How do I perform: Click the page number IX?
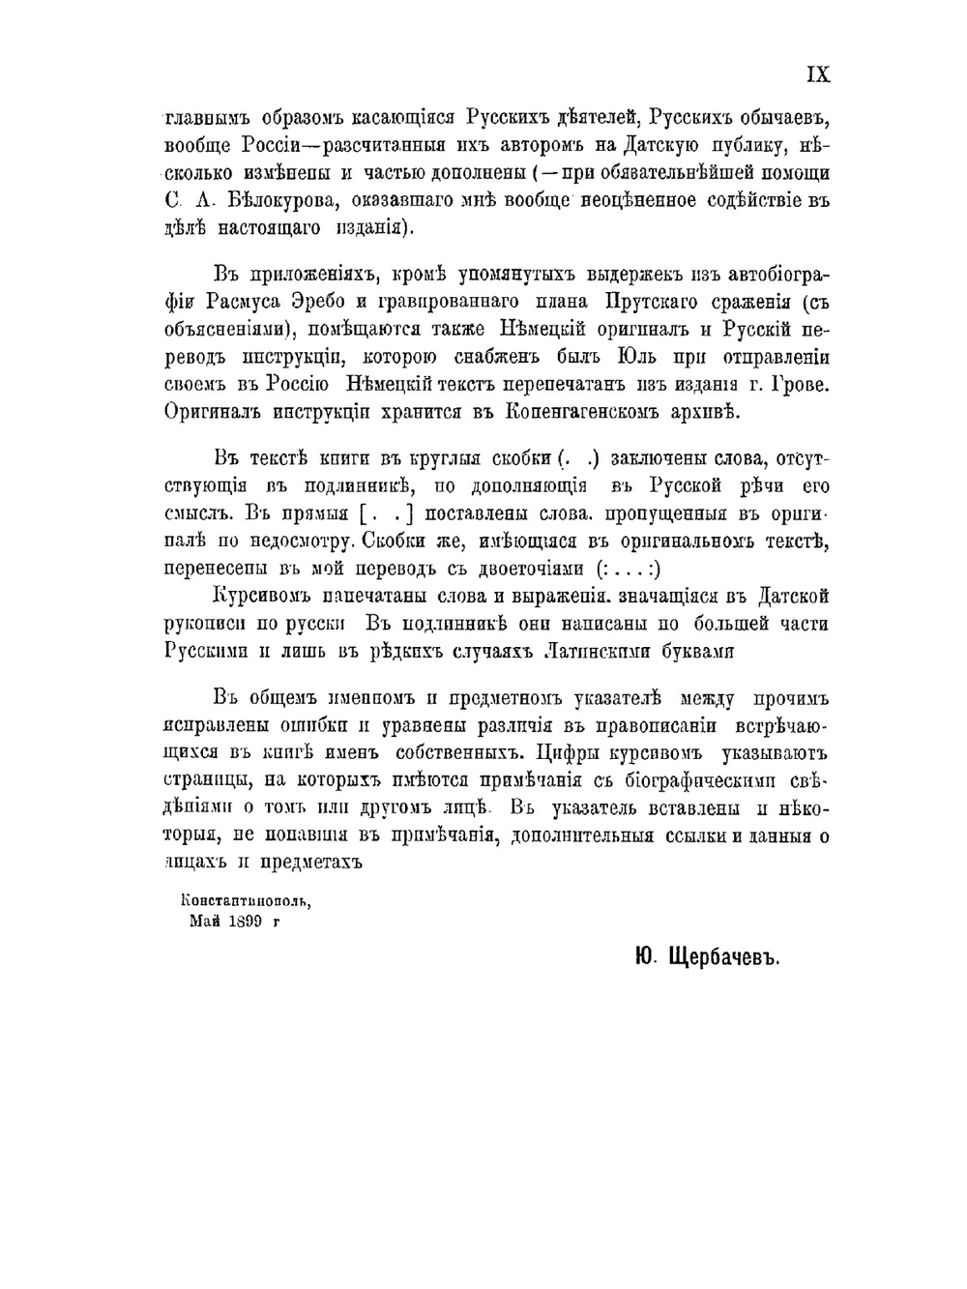817,75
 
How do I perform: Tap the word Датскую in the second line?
660,146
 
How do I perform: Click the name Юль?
633,357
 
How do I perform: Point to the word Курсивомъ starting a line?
264,597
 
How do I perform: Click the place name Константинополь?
247,899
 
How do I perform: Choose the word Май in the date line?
206,922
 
